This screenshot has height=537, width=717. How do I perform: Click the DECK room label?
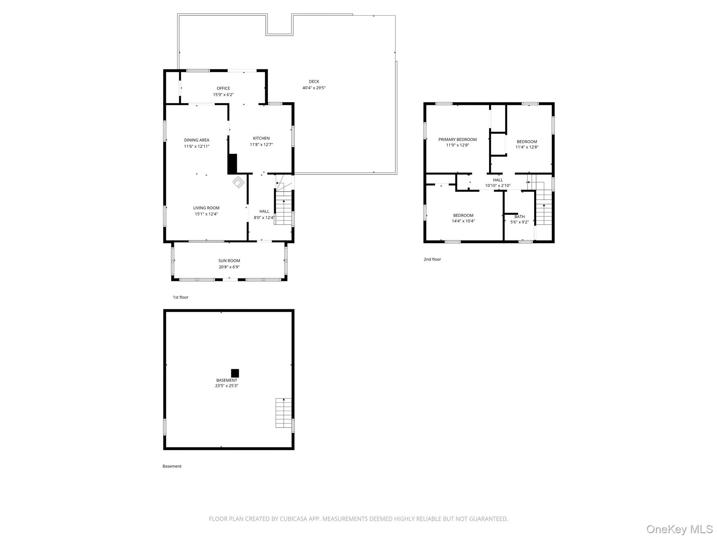pos(314,81)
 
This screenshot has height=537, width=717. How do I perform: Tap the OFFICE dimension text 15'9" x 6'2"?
pos(223,95)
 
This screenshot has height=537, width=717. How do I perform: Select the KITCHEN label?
pos(261,138)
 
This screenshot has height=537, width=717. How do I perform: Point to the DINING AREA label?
pos(197,140)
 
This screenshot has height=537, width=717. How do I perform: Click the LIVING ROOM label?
pos(206,208)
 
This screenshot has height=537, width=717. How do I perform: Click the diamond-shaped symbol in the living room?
pos(239,182)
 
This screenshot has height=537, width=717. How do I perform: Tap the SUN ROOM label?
pos(229,261)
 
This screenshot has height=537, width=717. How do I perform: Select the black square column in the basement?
pos(235,373)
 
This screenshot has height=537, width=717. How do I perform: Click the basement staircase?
pos(284,413)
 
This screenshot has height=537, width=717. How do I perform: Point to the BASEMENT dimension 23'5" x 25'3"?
pos(227,386)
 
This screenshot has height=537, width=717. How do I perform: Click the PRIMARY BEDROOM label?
pos(457,139)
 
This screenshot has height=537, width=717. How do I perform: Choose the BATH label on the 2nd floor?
pos(519,217)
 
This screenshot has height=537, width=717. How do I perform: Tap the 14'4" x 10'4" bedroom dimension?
pos(463,221)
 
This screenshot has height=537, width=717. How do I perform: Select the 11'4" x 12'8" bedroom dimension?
pos(527,147)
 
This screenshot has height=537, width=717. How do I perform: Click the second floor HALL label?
pos(497,180)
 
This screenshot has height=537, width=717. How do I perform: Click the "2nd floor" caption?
pos(432,259)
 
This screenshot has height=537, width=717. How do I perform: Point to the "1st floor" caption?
pos(181,298)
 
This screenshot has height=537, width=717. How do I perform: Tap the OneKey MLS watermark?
pos(679,529)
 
